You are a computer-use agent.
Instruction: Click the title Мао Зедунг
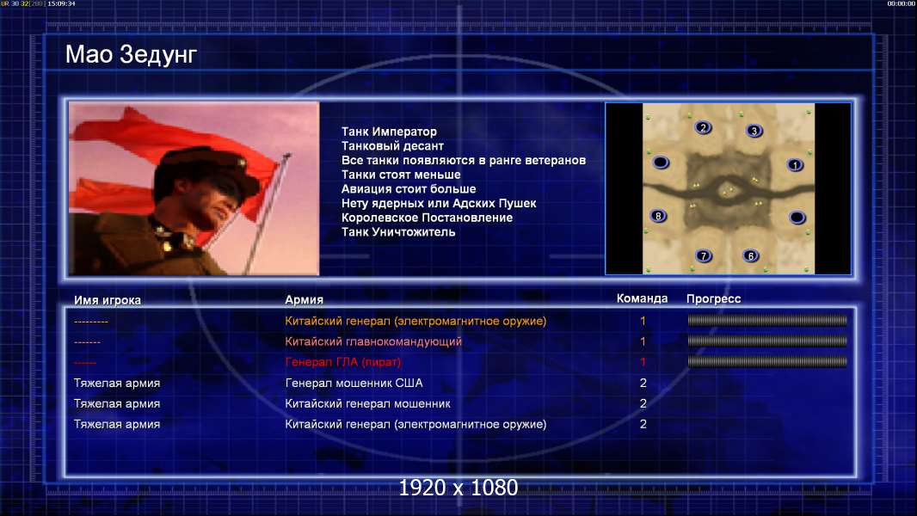pyautogui.click(x=131, y=55)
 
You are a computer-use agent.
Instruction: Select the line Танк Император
pyautogui.click(x=389, y=132)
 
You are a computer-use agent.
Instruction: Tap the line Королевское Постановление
pyautogui.click(x=427, y=218)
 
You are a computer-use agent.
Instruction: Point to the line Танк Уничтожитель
pyautogui.click(x=398, y=232)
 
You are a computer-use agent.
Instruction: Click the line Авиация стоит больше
pyautogui.click(x=409, y=189)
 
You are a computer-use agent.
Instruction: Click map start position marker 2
pyautogui.click(x=703, y=127)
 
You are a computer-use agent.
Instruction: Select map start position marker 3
pyautogui.click(x=754, y=131)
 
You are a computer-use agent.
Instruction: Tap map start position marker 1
pyautogui.click(x=795, y=165)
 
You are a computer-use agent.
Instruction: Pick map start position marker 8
pyautogui.click(x=659, y=216)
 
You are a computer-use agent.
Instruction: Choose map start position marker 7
pyautogui.click(x=704, y=255)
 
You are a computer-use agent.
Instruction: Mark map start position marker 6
pyautogui.click(x=751, y=255)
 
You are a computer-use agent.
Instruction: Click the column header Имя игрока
pyautogui.click(x=108, y=300)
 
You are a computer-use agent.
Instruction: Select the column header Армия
pyautogui.click(x=305, y=300)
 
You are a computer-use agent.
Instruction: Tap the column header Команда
pyautogui.click(x=642, y=298)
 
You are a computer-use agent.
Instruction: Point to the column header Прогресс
pyautogui.click(x=713, y=299)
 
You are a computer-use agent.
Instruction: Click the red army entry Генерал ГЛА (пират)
pyautogui.click(x=343, y=362)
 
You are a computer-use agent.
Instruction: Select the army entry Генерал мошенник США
pyautogui.click(x=354, y=384)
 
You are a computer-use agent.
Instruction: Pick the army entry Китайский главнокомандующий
pyautogui.click(x=373, y=342)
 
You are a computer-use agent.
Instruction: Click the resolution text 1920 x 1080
pyautogui.click(x=458, y=488)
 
